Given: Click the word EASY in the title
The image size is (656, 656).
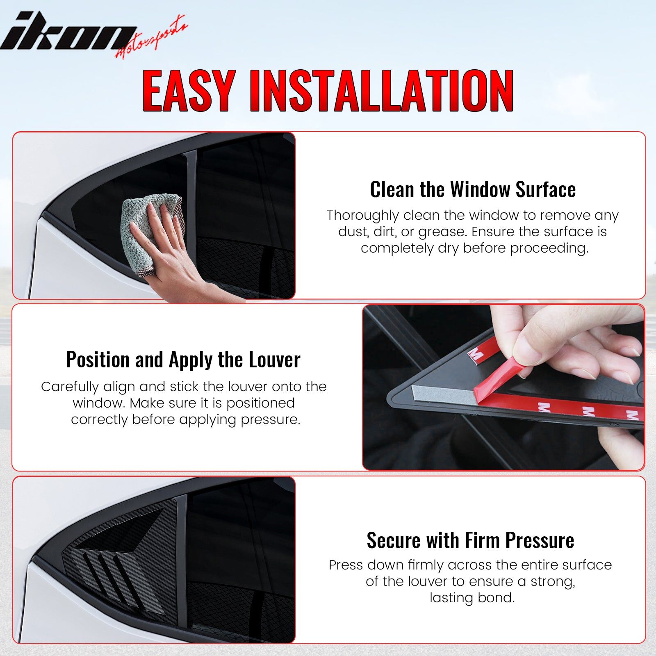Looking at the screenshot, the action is pos(189,91).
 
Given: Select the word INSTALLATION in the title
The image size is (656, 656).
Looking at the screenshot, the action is pos(381,91).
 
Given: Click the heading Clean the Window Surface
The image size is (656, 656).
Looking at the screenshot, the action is pos(473,189).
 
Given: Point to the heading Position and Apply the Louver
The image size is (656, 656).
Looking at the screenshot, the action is pos(183,360).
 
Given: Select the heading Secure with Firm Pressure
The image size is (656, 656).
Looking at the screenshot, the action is pos(470,540).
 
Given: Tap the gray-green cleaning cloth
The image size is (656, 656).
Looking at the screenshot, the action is pos(152,230).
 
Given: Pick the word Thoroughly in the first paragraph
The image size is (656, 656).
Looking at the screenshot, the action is pos(362,216).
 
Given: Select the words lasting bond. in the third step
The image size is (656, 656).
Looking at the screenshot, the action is pos(472,598).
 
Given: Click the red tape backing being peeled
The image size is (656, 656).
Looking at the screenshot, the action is pos(498,380).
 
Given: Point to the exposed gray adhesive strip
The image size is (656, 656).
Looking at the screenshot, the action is pos(443,394).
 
